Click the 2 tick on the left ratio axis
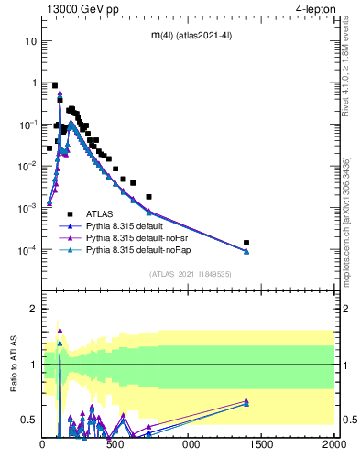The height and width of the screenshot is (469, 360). pos(33,309)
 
